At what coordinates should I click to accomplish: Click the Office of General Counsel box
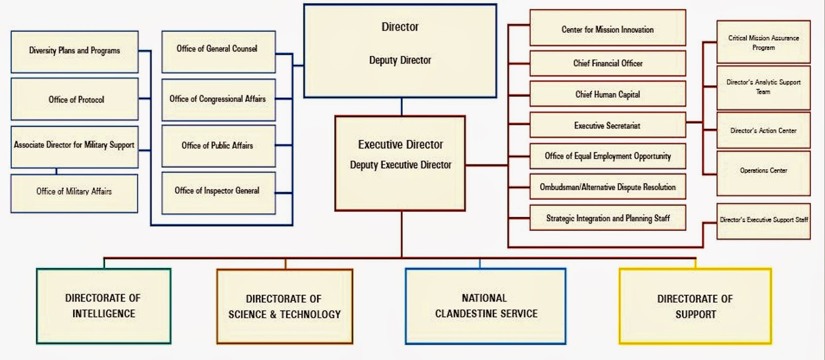click(218, 52)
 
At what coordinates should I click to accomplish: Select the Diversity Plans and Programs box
click(75, 52)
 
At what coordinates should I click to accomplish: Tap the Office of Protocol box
click(75, 100)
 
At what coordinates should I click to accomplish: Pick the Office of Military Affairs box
click(74, 193)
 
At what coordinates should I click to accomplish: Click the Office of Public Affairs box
click(218, 146)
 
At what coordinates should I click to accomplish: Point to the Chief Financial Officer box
click(607, 63)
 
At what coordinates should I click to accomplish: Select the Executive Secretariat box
click(607, 125)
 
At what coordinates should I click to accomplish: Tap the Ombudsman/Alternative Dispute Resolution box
click(607, 187)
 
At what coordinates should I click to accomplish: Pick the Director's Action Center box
click(763, 130)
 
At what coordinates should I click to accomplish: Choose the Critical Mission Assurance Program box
click(763, 42)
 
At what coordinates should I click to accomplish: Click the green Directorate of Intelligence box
click(103, 306)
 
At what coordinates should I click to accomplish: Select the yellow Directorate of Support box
click(695, 306)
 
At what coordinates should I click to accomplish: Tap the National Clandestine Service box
click(485, 306)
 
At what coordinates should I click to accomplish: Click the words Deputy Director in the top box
click(400, 60)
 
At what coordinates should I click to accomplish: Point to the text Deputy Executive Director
click(401, 165)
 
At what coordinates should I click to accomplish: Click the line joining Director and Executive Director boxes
click(401, 107)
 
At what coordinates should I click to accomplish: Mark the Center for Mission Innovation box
click(607, 28)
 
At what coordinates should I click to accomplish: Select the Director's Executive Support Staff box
click(763, 221)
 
